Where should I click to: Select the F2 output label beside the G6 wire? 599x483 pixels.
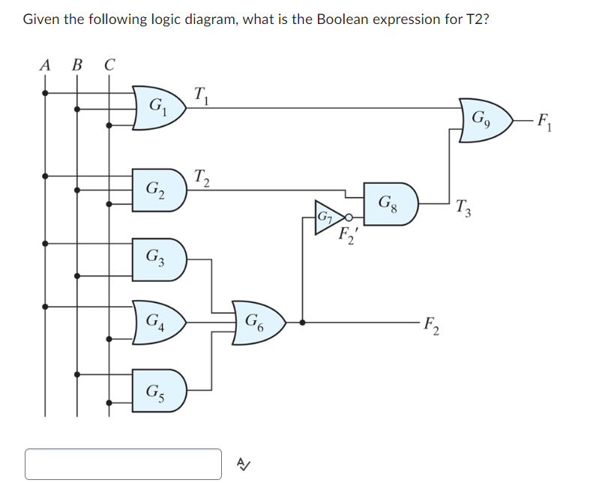click(x=431, y=327)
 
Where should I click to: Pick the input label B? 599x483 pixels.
click(x=76, y=64)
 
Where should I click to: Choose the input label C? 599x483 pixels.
click(x=109, y=64)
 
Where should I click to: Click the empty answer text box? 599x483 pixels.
click(x=124, y=463)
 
